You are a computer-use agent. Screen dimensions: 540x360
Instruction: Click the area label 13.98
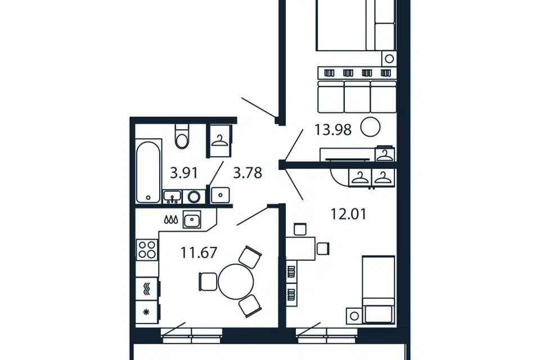332,130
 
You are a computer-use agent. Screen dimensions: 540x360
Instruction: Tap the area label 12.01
349,214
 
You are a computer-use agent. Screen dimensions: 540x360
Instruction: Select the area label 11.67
199,253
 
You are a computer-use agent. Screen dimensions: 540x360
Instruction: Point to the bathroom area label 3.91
184,173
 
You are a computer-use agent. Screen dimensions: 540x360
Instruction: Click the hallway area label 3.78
247,173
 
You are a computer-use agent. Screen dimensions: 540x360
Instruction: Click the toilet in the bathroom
182,136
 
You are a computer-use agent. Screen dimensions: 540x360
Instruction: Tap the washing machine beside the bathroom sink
194,197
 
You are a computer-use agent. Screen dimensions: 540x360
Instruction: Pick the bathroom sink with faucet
172,197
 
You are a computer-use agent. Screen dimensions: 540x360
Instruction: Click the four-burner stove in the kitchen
147,250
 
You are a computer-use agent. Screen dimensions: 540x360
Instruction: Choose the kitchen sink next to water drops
192,219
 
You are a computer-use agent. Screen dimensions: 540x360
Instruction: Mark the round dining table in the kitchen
236,281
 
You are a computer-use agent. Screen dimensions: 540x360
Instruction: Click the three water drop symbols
171,219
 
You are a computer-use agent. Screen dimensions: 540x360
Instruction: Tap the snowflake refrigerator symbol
147,312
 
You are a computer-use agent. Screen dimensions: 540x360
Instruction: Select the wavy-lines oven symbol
147,289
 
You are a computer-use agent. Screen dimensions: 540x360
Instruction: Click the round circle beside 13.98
370,127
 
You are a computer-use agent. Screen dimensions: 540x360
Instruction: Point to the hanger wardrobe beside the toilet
219,141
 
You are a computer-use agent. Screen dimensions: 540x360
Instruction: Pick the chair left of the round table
208,281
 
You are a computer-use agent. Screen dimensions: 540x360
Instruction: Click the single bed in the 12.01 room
378,289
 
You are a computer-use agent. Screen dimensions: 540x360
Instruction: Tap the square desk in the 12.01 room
300,249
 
